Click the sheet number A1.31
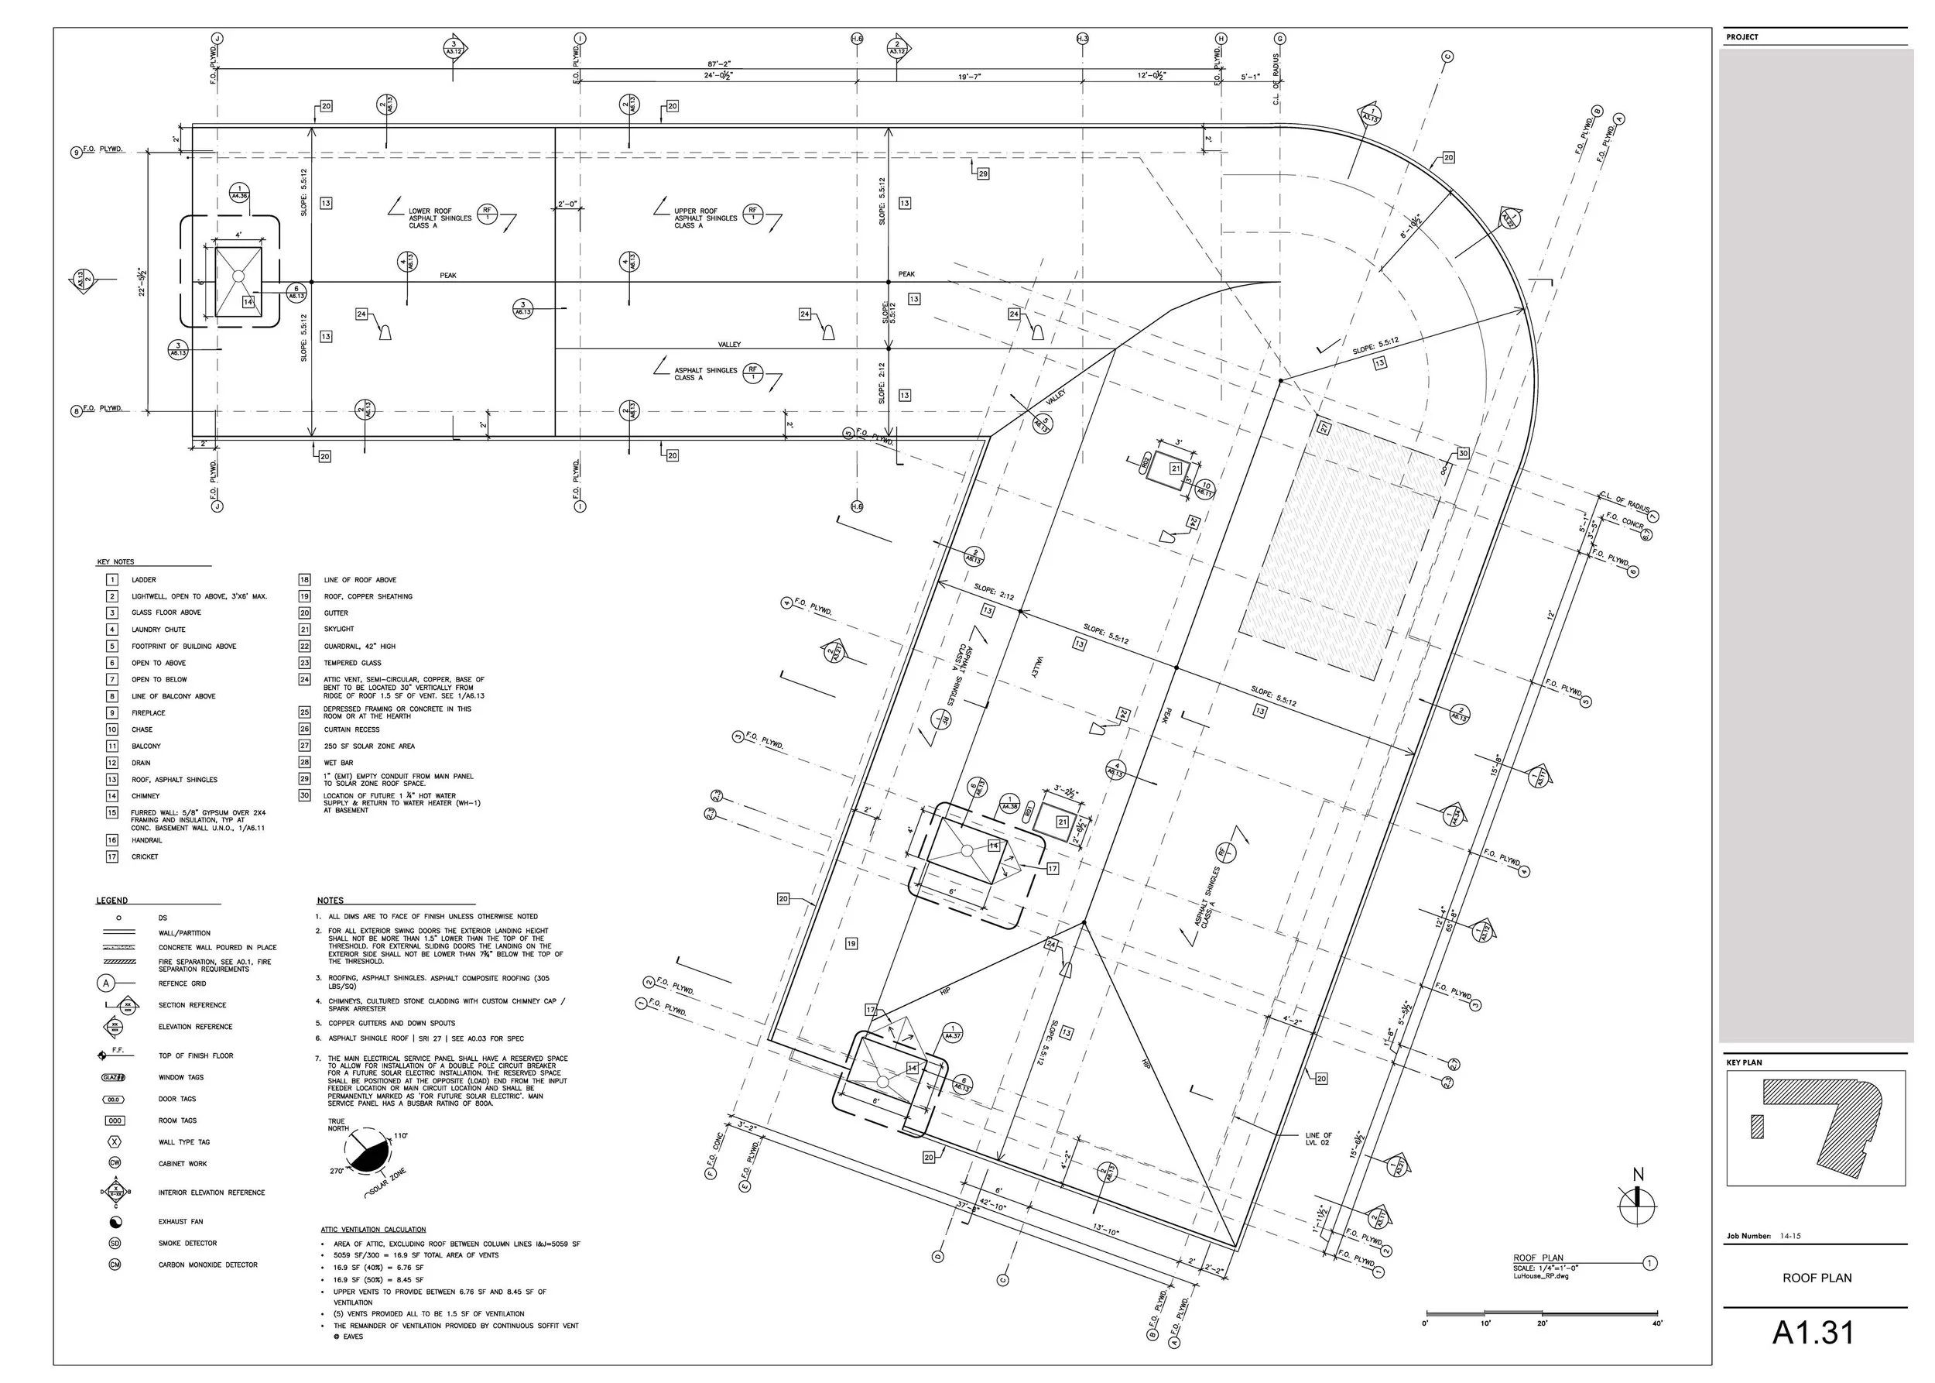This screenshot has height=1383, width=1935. click(x=1813, y=1333)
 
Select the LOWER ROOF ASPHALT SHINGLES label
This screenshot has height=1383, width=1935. click(x=440, y=218)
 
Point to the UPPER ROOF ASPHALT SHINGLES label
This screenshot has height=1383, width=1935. click(x=706, y=218)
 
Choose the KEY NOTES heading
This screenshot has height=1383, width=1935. click(x=116, y=562)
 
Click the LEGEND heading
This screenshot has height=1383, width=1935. click(x=112, y=900)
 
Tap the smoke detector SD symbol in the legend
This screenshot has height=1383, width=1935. click(x=115, y=1244)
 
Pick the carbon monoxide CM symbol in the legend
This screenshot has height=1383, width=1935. click(x=115, y=1265)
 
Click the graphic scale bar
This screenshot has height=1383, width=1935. click(x=1542, y=1313)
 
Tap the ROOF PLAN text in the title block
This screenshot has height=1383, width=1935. click(x=1817, y=1278)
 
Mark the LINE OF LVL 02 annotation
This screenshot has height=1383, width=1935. click(x=1319, y=1139)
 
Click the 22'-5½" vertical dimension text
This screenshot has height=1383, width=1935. click(x=143, y=281)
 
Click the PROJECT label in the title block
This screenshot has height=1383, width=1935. click(x=1741, y=37)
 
